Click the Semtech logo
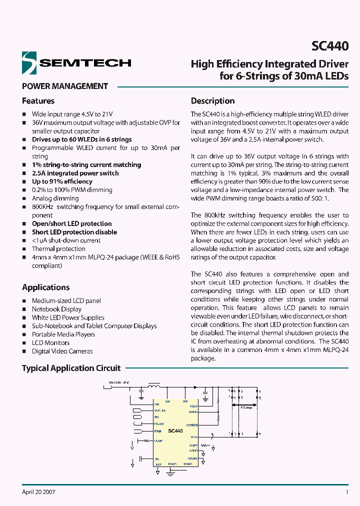coord(76,62)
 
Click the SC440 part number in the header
coord(330,46)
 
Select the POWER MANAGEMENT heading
coord(65,86)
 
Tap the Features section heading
coord(38,101)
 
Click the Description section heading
coord(213,101)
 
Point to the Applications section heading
coord(46,287)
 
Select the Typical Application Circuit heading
coord(71,368)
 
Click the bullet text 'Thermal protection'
coord(58,249)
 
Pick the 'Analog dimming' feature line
coord(55,198)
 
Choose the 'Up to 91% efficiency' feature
coord(62,181)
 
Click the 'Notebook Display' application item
coord(56,309)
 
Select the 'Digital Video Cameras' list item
coord(62,351)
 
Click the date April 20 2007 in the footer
coord(38,492)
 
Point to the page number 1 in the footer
coord(347,492)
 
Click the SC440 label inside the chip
coord(175,430)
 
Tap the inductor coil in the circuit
coord(154,385)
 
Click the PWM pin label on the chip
coord(158,430)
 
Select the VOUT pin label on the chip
coord(194,406)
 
